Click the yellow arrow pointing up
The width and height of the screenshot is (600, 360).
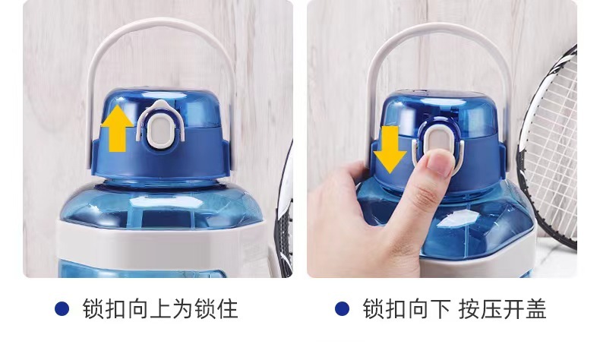117,128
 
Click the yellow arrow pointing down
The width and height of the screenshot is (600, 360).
390,149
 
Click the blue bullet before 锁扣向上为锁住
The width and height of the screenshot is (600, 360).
62,308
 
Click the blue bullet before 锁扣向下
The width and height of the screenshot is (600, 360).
342,308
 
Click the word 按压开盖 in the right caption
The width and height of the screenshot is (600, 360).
503,309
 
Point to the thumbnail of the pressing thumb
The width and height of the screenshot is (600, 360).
440,164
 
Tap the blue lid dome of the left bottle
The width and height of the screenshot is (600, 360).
180,107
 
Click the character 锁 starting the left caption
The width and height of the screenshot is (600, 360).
93,309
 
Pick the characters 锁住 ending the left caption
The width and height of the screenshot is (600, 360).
216,309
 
